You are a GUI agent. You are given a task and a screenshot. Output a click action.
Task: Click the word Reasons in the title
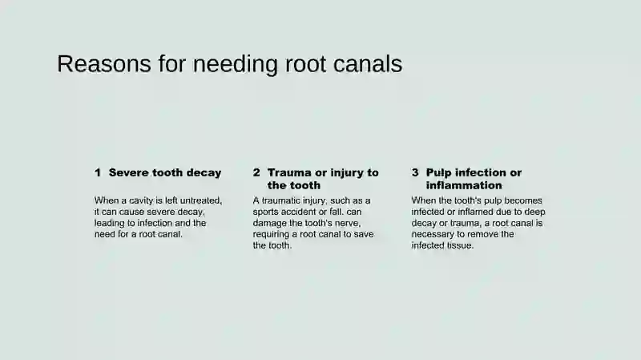point(104,64)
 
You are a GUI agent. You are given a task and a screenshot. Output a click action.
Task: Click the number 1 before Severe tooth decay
point(98,172)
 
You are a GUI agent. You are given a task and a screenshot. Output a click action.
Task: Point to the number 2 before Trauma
point(256,172)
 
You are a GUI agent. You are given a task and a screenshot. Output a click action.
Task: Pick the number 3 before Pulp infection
point(415,172)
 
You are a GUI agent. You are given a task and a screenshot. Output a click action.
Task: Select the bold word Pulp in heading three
point(438,173)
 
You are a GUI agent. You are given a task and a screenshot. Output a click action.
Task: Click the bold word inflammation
point(464,185)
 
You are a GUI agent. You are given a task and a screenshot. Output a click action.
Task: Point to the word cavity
point(141,201)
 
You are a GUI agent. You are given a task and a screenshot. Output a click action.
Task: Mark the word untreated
point(201,201)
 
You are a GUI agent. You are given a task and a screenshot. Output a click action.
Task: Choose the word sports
point(266,212)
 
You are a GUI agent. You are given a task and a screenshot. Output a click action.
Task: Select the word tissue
point(460,245)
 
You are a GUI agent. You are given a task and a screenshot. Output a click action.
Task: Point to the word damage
point(270,224)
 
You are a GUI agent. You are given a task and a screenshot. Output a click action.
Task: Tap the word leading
point(108,224)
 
